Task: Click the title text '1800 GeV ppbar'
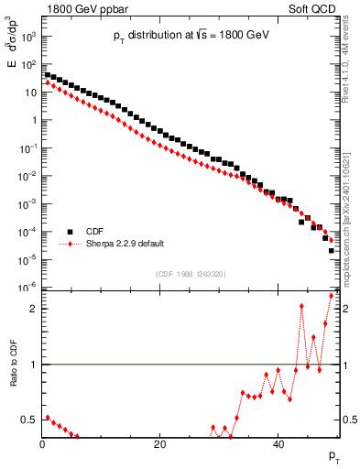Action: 81,8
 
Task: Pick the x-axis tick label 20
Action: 160,445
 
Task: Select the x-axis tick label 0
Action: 42,445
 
